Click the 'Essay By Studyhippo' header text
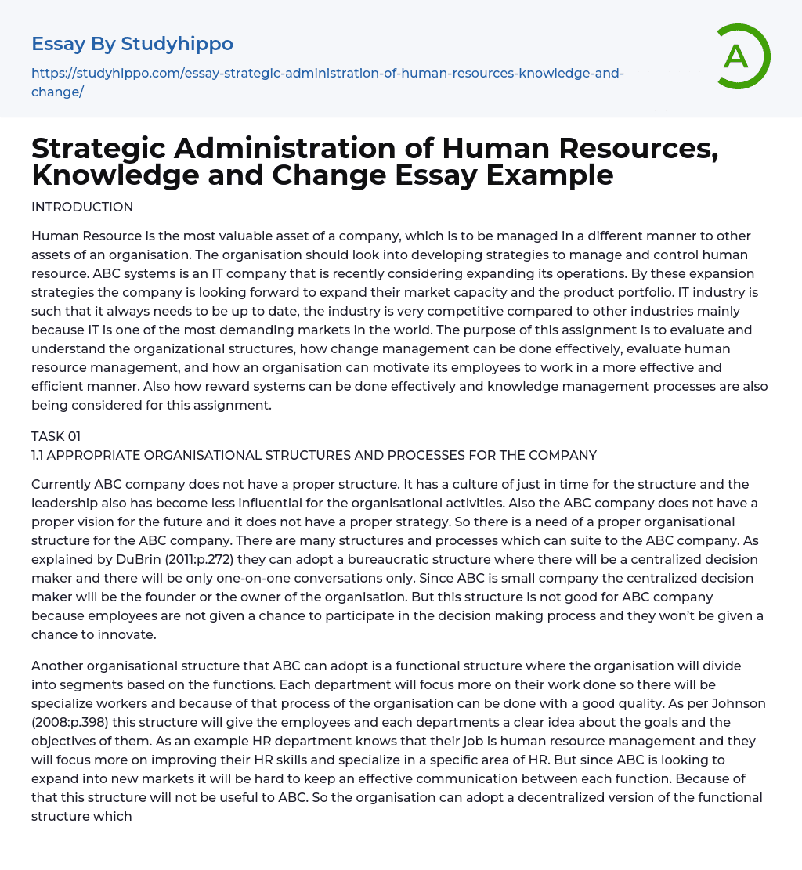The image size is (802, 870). [132, 43]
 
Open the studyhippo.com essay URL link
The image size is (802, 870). [327, 74]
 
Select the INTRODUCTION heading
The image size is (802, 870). [82, 207]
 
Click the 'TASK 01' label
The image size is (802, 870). [56, 436]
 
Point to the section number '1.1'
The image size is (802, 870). [40, 455]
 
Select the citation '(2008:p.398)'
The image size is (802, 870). [68, 722]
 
